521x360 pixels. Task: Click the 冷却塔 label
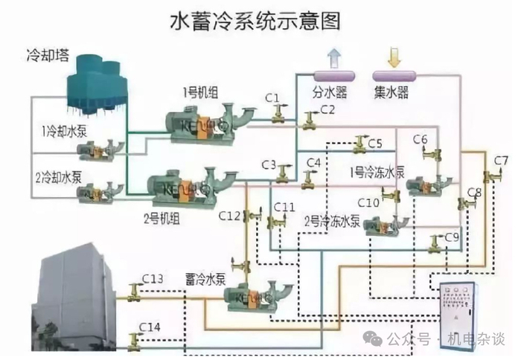pyautogui.click(x=43, y=55)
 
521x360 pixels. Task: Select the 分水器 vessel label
pyautogui.click(x=329, y=94)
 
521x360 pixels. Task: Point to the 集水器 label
pyautogui.click(x=391, y=94)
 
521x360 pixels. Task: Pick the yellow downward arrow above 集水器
pyautogui.click(x=392, y=57)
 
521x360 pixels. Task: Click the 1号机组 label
pyautogui.click(x=199, y=91)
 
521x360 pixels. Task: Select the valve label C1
pyautogui.click(x=272, y=98)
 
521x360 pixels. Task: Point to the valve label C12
pyautogui.click(x=230, y=215)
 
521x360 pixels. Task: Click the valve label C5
pyautogui.click(x=374, y=144)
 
